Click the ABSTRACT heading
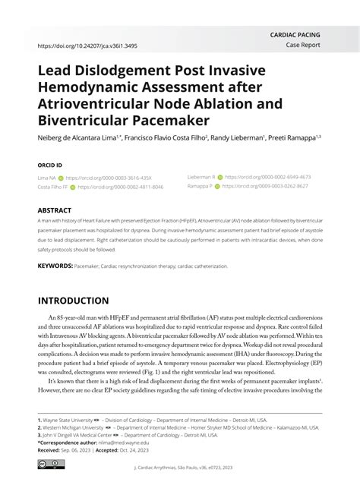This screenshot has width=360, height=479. click(55, 210)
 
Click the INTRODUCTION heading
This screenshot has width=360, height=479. click(73, 301)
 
